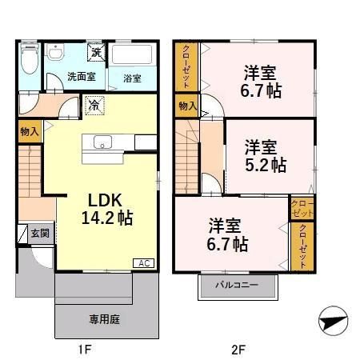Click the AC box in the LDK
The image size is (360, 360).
[144, 263]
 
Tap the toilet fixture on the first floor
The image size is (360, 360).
[30, 58]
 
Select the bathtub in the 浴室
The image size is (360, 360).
[132, 54]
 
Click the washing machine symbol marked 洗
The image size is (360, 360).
[96, 52]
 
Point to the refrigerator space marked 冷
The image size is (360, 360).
[94, 106]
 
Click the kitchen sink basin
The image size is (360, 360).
[102, 142]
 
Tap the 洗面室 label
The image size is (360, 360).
[82, 77]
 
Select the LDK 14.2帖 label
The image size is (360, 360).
[106, 209]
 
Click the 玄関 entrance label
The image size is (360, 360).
[40, 234]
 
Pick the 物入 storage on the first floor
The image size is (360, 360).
[30, 131]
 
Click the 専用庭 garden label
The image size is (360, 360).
[105, 319]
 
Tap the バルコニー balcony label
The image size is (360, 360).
[237, 285]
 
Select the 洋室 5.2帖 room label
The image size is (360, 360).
[266, 156]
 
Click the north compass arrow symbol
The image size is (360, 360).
[334, 321]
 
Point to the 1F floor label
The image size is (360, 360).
[85, 350]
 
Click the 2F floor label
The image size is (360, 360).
[238, 350]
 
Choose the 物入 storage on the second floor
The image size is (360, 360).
[186, 106]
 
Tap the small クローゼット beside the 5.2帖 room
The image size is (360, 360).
[302, 208]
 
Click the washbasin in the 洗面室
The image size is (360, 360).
[55, 51]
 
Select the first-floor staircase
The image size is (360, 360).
[30, 171]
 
